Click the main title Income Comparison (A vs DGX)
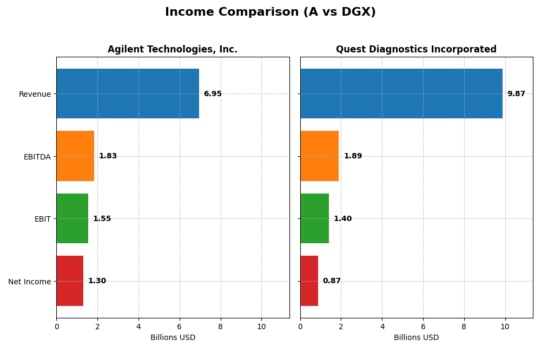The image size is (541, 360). [x=270, y=12]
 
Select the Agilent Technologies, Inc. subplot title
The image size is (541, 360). [x=172, y=49]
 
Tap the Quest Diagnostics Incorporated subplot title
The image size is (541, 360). [x=416, y=49]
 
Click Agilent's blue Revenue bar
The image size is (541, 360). [x=128, y=94]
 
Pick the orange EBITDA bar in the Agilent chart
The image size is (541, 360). [x=75, y=156]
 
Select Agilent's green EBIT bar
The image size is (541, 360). [x=72, y=218]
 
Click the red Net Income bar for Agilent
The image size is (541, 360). [x=70, y=281]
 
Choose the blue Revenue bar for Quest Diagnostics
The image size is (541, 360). [x=401, y=94]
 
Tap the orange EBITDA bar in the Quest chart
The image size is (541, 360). [x=319, y=156]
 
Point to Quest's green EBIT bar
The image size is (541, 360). [x=314, y=218]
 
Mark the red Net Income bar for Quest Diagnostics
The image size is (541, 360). [x=309, y=281]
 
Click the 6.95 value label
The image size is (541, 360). [x=213, y=94]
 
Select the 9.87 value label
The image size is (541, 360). [x=516, y=94]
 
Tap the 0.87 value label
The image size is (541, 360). [x=332, y=281]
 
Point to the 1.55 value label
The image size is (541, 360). [x=102, y=218]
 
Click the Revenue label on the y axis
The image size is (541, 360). [x=35, y=94]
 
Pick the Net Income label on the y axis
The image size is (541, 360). [x=29, y=281]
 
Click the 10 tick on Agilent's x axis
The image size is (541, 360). [x=261, y=326]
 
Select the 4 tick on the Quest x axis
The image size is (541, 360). [x=382, y=326]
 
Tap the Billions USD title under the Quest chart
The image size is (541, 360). [x=416, y=337]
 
